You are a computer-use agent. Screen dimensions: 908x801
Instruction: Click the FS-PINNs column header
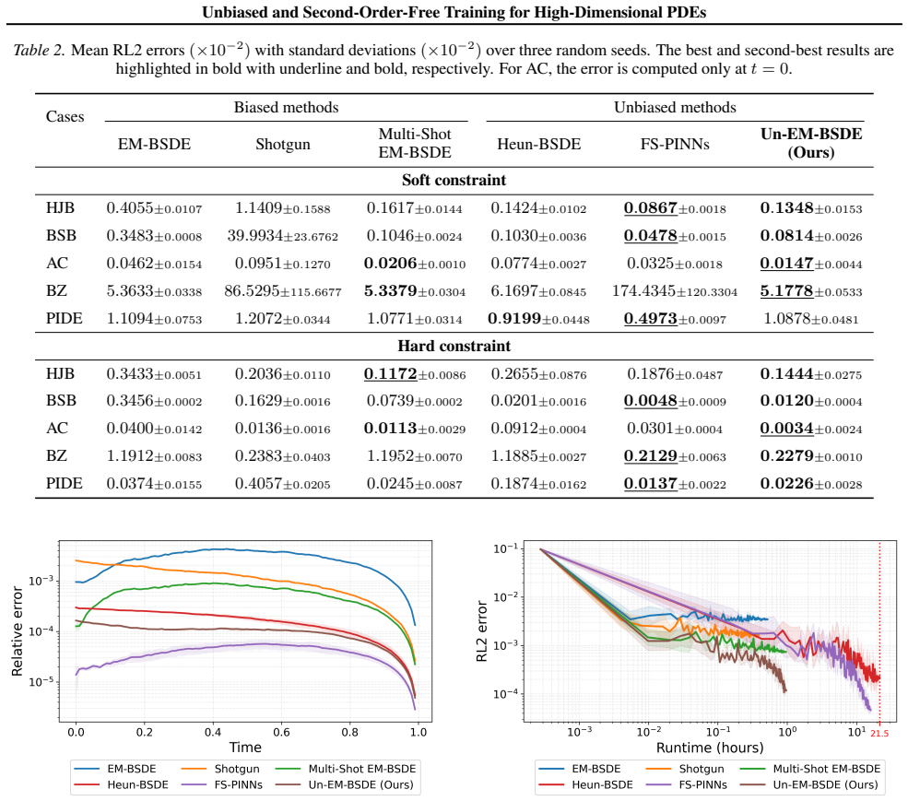coord(675,144)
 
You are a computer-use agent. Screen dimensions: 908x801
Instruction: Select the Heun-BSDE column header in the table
coord(538,144)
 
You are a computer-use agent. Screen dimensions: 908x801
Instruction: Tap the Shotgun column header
coord(283,144)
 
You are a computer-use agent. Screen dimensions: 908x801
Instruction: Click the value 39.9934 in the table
coord(254,236)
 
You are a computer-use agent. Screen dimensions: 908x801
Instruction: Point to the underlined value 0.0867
coord(650,208)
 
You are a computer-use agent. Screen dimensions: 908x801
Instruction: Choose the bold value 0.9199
coord(514,319)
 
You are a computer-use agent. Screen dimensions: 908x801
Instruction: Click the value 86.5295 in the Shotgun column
coord(252,290)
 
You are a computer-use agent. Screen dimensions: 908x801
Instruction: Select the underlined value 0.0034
coord(786,429)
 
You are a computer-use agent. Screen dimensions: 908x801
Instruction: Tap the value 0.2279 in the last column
coord(786,456)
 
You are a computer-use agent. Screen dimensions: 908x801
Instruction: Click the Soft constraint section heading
coord(454,180)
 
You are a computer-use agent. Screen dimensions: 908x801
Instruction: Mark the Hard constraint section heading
coord(454,347)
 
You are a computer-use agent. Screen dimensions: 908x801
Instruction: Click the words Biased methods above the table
coord(286,107)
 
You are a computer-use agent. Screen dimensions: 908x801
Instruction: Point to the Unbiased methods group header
coord(675,107)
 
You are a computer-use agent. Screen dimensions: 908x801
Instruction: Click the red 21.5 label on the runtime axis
coord(879,733)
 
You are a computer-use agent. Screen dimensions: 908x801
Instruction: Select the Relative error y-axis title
coord(18,631)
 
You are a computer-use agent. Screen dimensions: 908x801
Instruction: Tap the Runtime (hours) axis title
coord(710,748)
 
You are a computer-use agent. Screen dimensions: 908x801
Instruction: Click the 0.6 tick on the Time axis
coord(281,732)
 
